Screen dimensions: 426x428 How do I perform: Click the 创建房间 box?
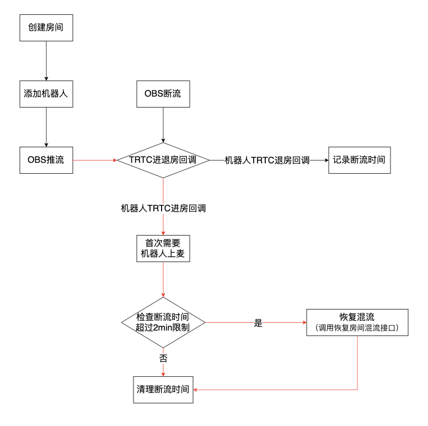coord(46,27)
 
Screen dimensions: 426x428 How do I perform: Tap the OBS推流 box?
coord(46,160)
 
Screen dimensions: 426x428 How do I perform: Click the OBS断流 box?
coord(163,94)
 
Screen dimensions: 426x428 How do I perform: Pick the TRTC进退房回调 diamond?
coord(163,160)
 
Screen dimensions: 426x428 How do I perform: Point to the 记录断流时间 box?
coord(359,160)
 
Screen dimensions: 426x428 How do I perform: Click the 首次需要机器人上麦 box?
coord(163,249)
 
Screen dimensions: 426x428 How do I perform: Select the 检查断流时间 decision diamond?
coord(163,322)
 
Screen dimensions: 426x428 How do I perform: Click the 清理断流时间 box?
coord(163,390)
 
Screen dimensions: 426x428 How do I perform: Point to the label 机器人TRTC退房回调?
coord(267,161)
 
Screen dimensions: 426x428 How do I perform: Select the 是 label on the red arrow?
coord(258,323)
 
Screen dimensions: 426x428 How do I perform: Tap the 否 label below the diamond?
coord(163,358)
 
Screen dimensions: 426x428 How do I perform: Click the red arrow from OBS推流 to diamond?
coord(94,160)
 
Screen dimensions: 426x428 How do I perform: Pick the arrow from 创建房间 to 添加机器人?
coord(46,60)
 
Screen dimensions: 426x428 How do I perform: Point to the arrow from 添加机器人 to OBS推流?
coord(46,127)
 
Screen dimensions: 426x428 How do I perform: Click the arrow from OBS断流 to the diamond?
coord(163,124)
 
